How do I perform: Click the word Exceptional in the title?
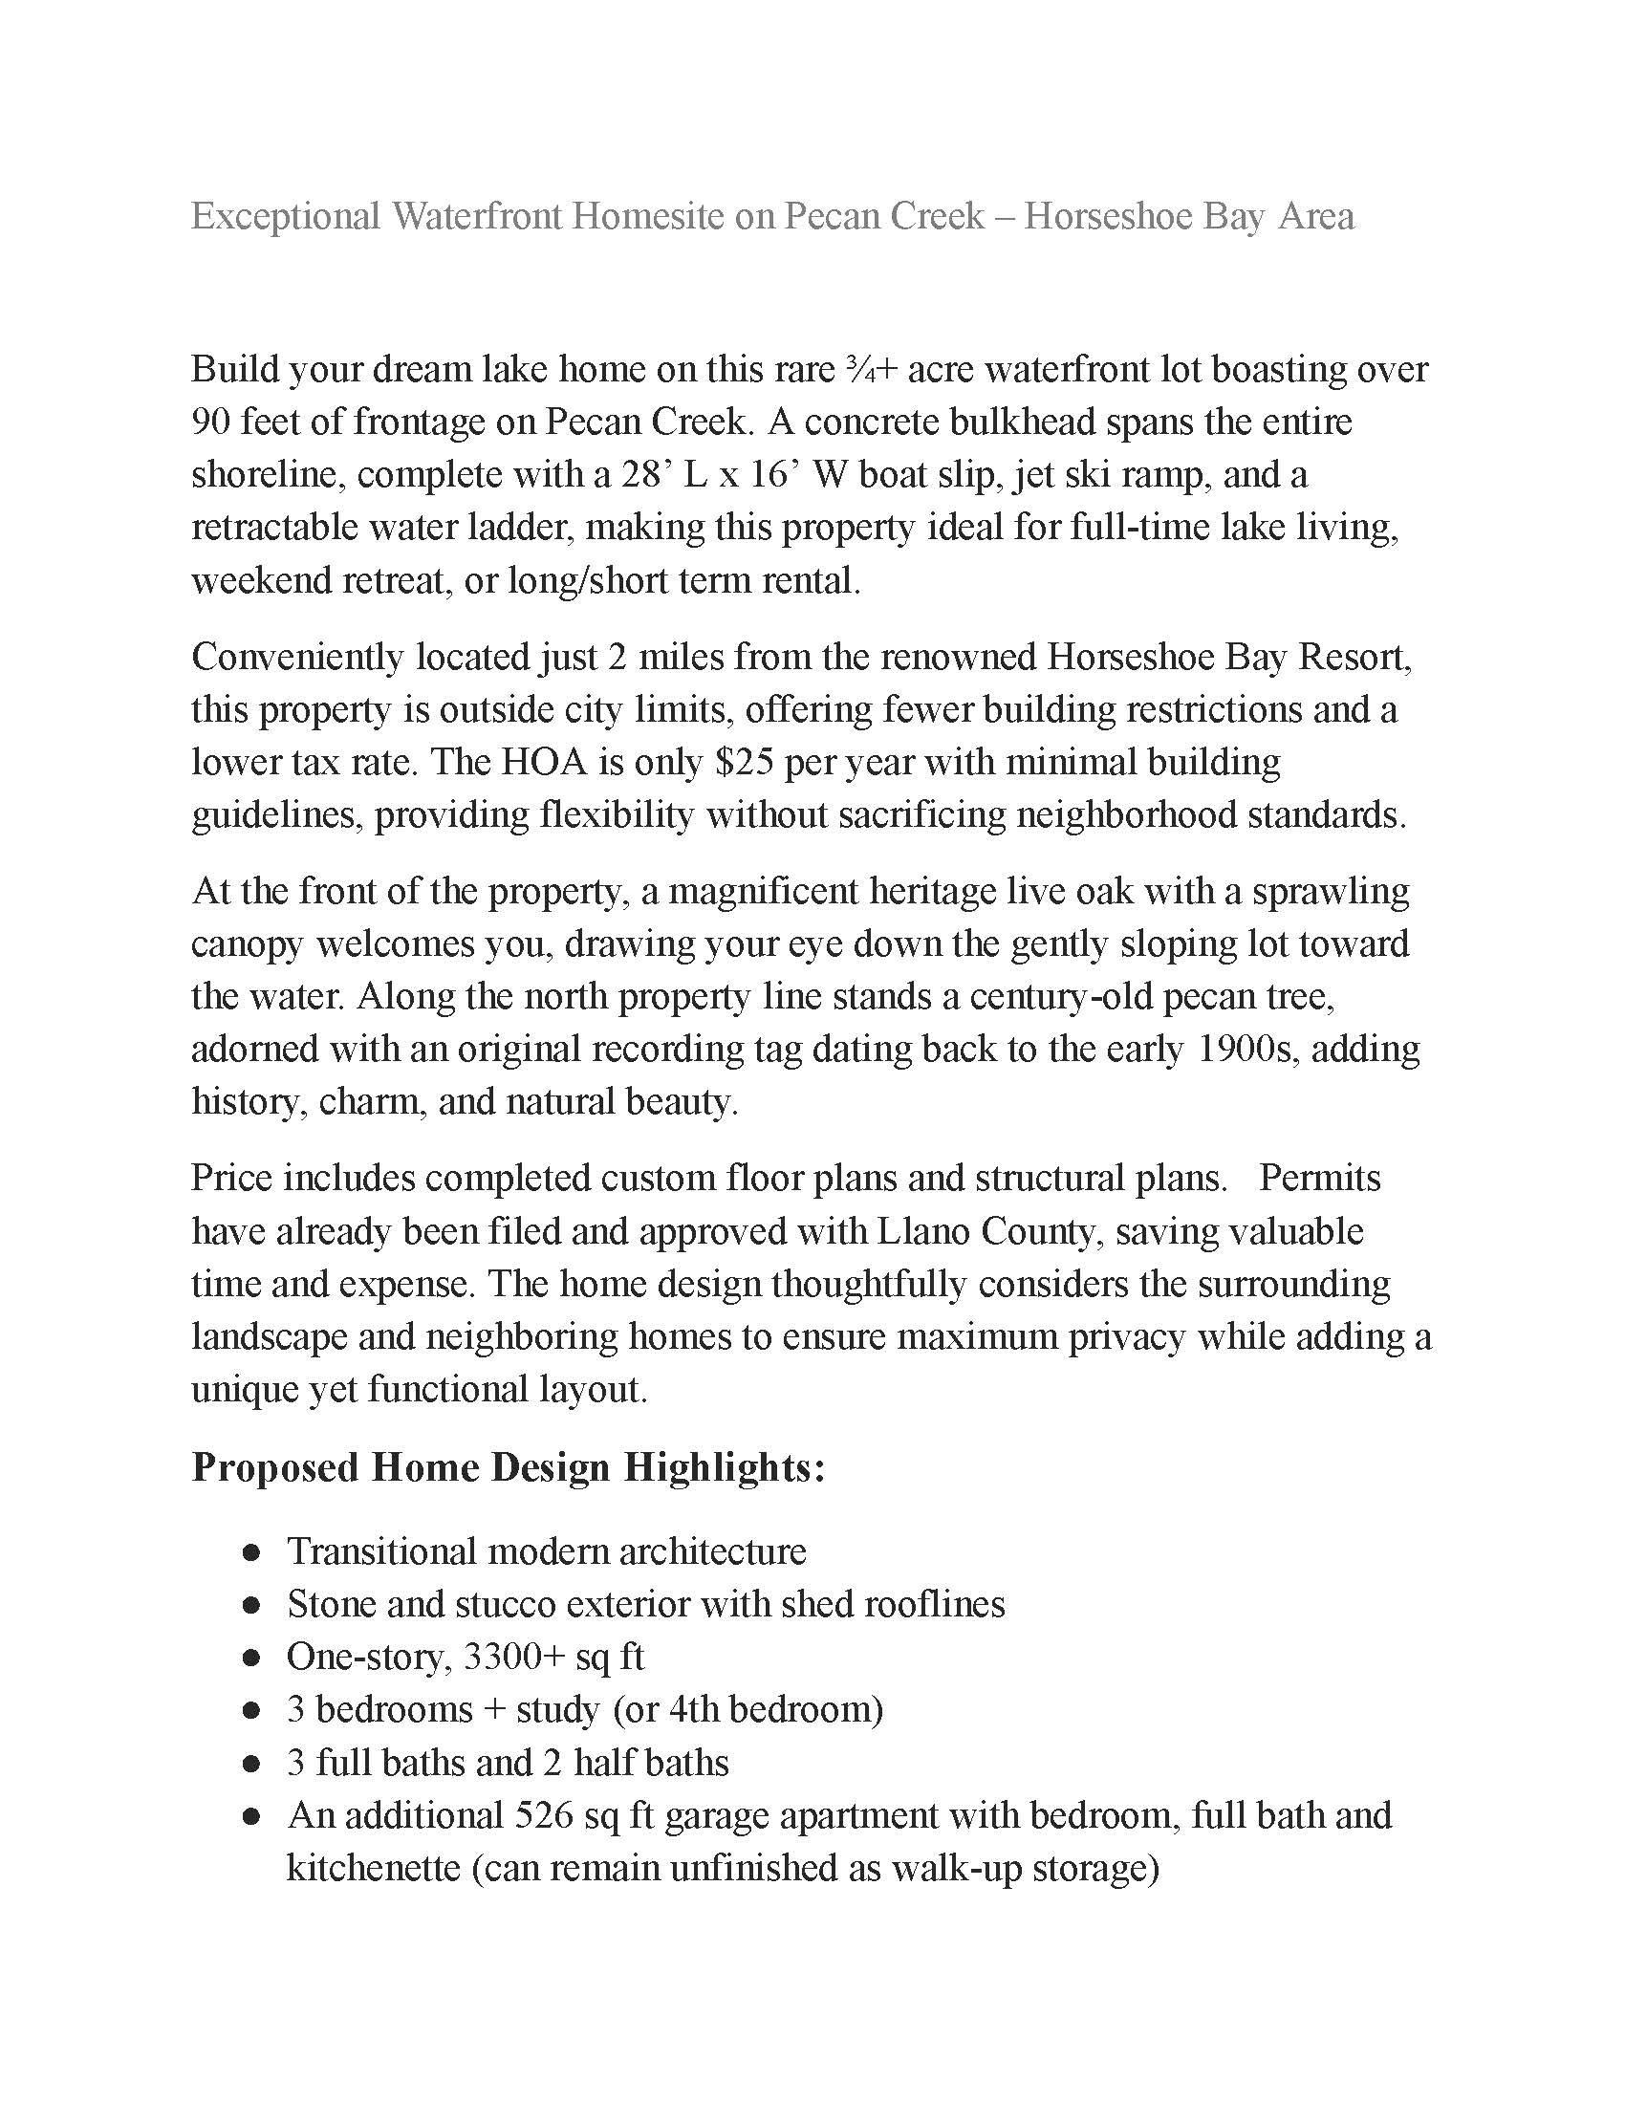pos(286,216)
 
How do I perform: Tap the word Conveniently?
pos(296,657)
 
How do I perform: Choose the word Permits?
pos(1320,1178)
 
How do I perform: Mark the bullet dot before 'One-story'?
pos(252,1659)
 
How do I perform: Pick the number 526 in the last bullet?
pos(544,1815)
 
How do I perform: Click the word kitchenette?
pos(373,1868)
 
